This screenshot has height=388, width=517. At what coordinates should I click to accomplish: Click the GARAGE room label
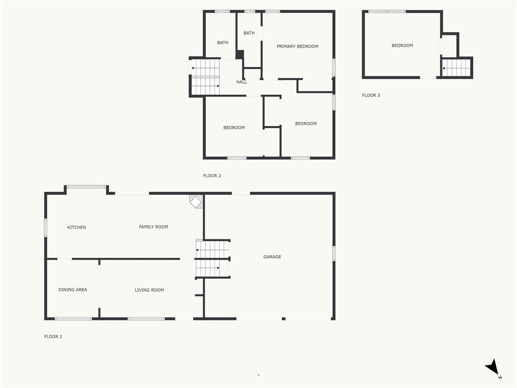[272, 257]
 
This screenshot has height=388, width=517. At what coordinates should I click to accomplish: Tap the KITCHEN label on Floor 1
[77, 227]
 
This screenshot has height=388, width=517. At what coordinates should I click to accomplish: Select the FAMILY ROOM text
[153, 227]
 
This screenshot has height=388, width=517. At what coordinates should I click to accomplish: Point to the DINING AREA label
[73, 289]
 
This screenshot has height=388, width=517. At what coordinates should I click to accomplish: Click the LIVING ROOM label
[149, 290]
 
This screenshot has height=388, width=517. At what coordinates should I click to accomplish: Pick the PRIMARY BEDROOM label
[297, 46]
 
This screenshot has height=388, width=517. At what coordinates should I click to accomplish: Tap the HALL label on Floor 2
[241, 82]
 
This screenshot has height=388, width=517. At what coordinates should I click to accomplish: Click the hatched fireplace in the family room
[196, 201]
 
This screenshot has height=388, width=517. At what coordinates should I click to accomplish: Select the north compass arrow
[492, 367]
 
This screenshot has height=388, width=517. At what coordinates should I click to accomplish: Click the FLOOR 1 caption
[53, 336]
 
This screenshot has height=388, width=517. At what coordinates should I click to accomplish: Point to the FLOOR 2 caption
[212, 176]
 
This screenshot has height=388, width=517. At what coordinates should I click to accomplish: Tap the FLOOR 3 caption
[371, 95]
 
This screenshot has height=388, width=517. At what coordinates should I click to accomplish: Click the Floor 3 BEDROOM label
[402, 45]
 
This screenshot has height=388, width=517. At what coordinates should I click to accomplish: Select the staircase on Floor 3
[456, 68]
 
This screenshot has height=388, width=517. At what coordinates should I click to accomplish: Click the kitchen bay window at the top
[86, 187]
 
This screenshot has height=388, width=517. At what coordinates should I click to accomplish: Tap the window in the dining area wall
[73, 319]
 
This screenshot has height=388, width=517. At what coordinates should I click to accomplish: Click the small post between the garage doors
[284, 319]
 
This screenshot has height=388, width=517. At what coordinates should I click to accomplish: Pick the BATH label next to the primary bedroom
[249, 33]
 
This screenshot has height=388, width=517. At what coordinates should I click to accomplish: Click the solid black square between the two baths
[240, 55]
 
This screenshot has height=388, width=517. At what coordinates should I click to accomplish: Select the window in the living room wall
[146, 319]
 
